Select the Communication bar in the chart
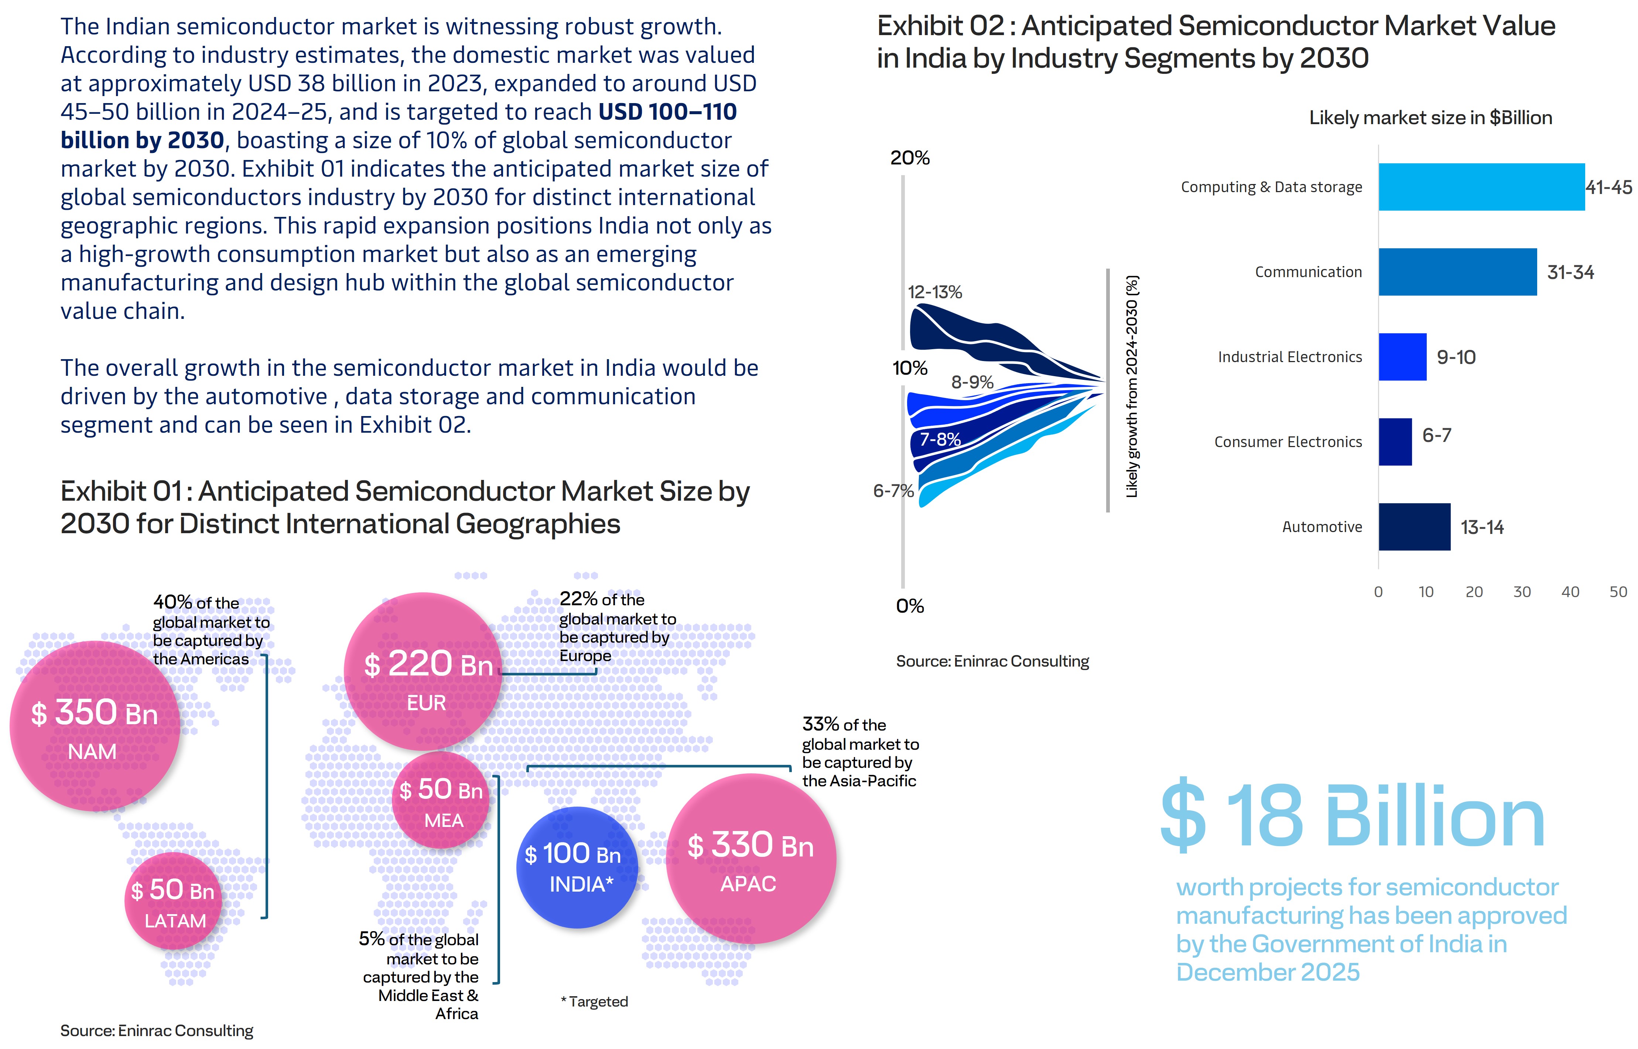pyautogui.click(x=1457, y=272)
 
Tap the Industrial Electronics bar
pyautogui.click(x=1402, y=357)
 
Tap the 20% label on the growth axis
pyautogui.click(x=910, y=158)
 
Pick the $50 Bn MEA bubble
pyautogui.click(x=441, y=800)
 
